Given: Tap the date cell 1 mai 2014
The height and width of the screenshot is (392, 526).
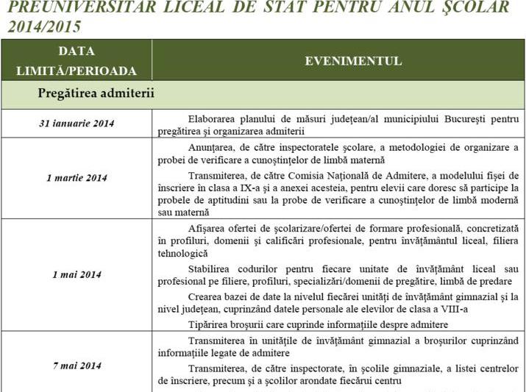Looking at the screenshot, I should pyautogui.click(x=77, y=274).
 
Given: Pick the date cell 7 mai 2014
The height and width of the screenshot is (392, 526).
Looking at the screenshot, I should pyautogui.click(x=77, y=366).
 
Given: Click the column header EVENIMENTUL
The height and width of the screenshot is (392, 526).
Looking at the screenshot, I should pyautogui.click(x=353, y=61).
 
